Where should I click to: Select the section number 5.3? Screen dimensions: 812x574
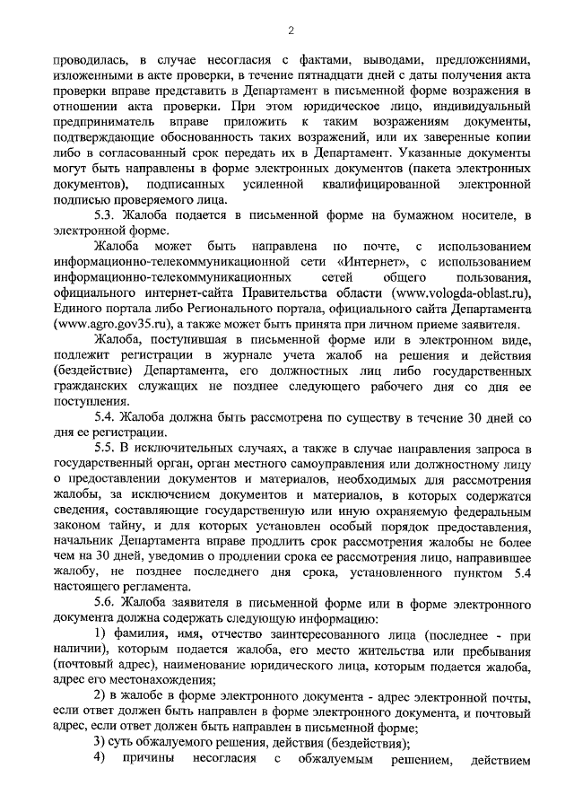[x=108, y=215]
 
